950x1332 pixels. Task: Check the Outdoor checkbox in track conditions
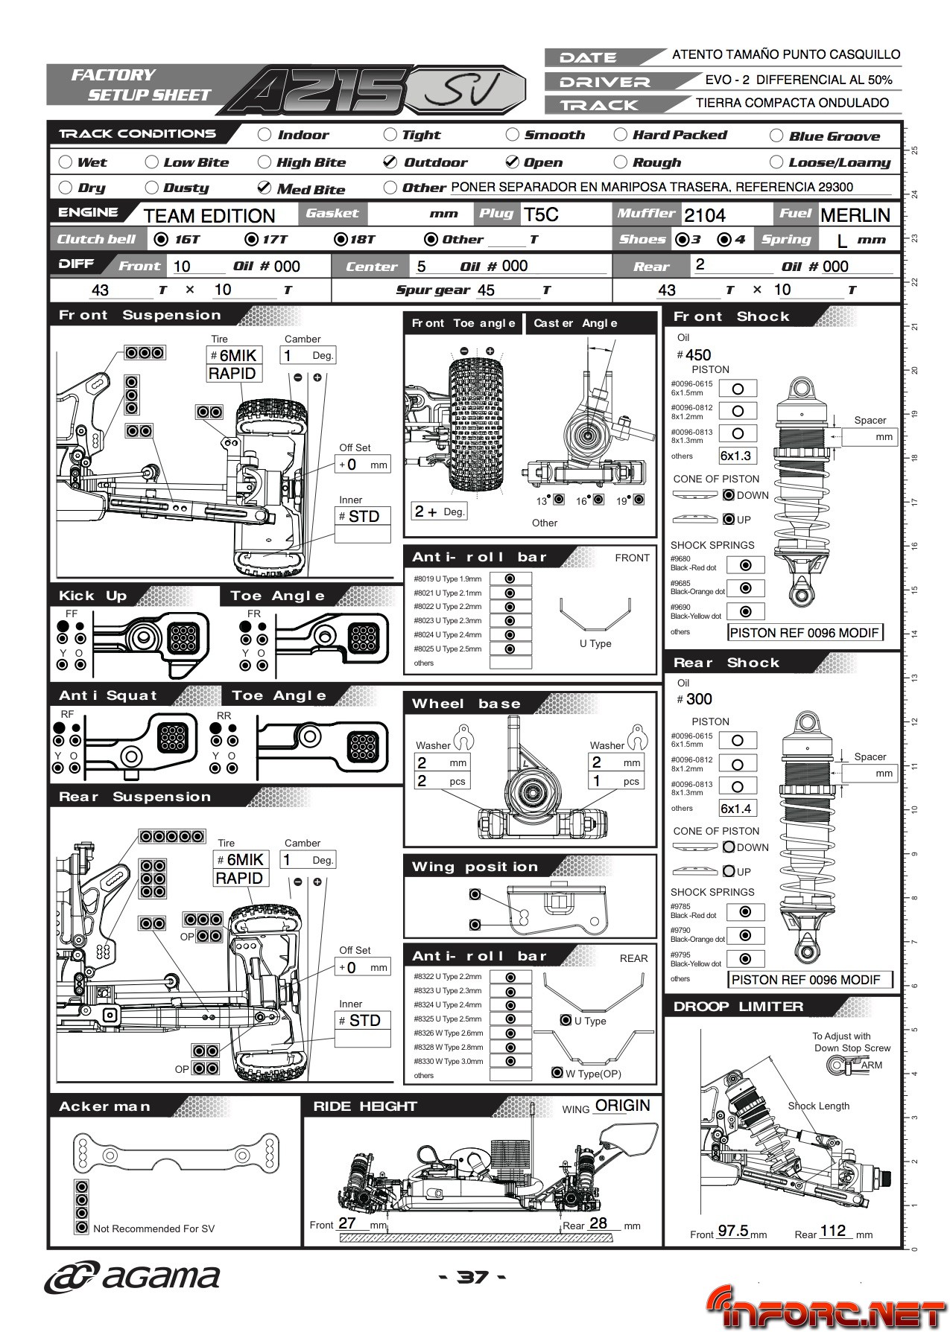tap(390, 162)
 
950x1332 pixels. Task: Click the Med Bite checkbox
tap(264, 188)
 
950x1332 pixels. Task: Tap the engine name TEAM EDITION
tap(209, 216)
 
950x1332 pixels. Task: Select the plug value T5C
tap(540, 214)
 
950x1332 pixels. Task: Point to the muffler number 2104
tap(704, 215)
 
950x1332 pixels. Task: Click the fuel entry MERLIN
tap(855, 215)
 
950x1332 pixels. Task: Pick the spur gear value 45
tap(486, 290)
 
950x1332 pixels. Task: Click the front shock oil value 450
tap(698, 355)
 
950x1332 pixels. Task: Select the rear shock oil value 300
tap(699, 699)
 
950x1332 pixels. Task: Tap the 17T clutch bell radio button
tap(251, 240)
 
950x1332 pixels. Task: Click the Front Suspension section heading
tap(139, 315)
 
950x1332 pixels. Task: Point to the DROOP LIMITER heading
tap(738, 1007)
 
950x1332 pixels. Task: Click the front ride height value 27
tap(347, 1223)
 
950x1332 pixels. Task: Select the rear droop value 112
tap(833, 1231)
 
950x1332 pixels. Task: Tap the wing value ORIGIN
tap(622, 1106)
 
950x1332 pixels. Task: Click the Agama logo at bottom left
tap(133, 1278)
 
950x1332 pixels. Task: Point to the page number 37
tap(472, 1278)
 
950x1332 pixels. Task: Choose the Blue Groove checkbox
tap(776, 136)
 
